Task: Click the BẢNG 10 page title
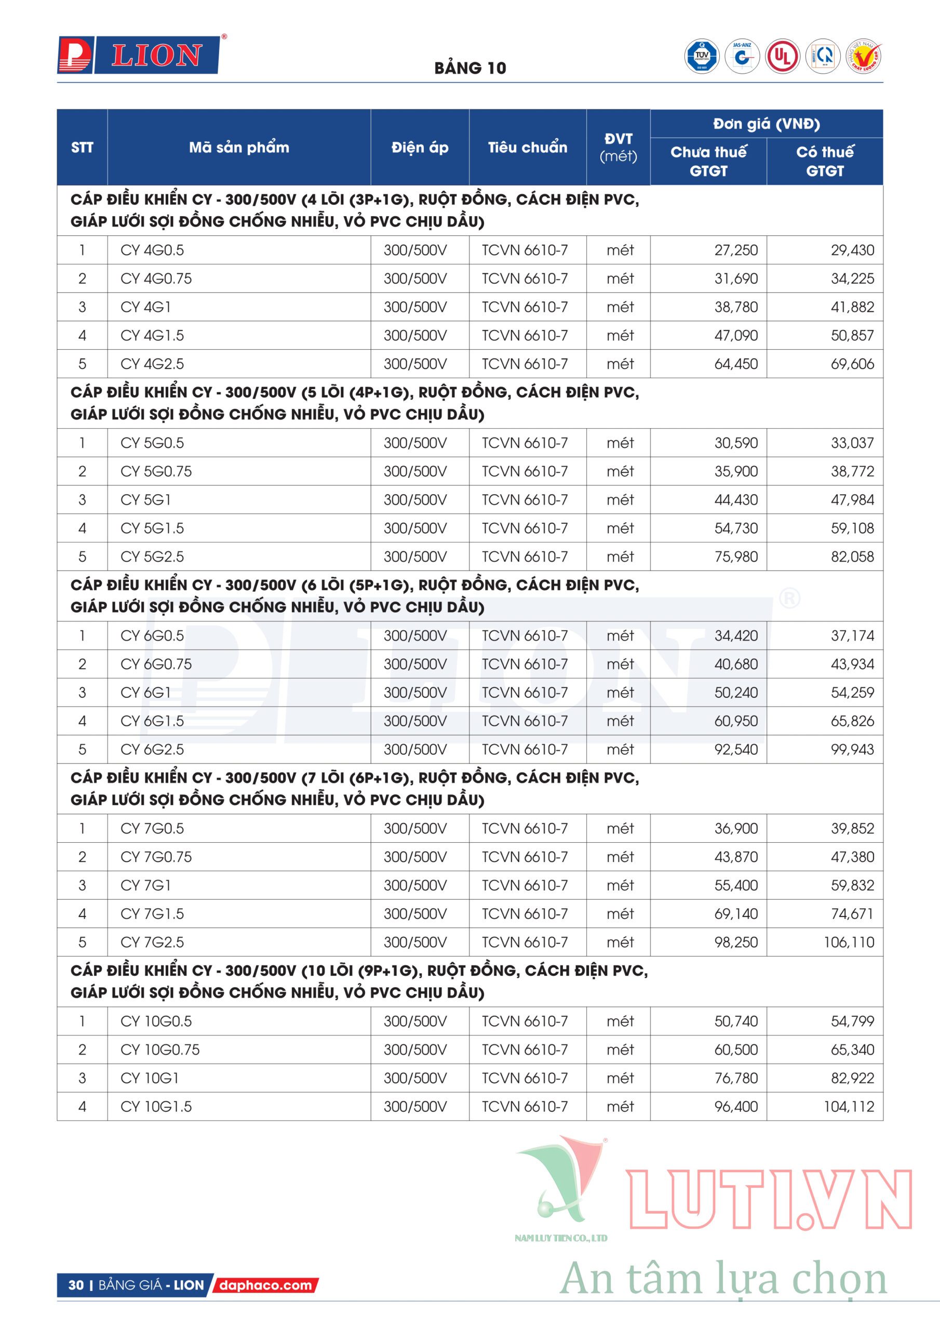coord(469,69)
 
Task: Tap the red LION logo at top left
coord(139,56)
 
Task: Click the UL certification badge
coord(783,57)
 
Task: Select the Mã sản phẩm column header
coord(238,147)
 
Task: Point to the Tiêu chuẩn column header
coord(527,147)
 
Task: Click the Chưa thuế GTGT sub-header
coord(708,161)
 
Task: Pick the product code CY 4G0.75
coord(156,278)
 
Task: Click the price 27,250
coord(735,250)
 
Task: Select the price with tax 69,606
coord(852,364)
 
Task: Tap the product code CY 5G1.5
coord(152,528)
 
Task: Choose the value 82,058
coord(852,556)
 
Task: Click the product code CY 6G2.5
coord(152,750)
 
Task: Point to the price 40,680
coord(735,664)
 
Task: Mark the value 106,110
coord(849,942)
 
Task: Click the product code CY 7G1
coord(145,885)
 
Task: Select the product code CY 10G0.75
coord(160,1049)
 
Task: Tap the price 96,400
coord(735,1107)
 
